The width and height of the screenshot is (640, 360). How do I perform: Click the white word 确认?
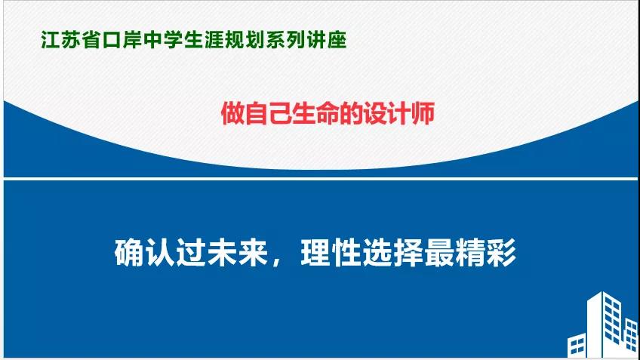pyautogui.click(x=144, y=253)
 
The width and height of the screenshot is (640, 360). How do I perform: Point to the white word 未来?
pyautogui.click(x=238, y=253)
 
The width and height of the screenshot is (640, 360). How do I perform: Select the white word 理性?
pyautogui.click(x=331, y=253)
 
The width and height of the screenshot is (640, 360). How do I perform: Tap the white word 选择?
pyautogui.click(x=392, y=253)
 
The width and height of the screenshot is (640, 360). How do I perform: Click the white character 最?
pyautogui.click(x=439, y=253)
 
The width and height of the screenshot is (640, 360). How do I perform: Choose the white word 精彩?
pyautogui.click(x=486, y=253)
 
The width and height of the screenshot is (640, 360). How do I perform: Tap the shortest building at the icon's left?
pyautogui.click(x=577, y=346)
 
